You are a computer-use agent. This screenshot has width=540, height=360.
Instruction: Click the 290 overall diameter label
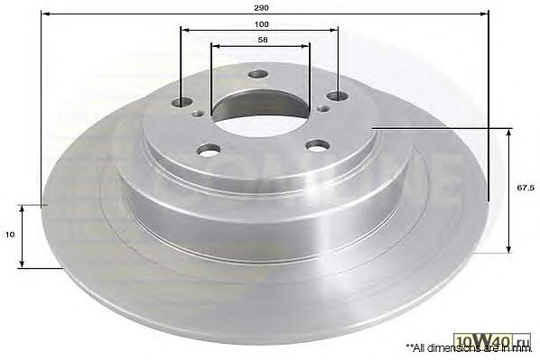pos(261,7)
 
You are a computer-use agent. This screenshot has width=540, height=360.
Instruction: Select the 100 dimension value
pos(261,24)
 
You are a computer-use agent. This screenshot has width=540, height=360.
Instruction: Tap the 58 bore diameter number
pos(263,40)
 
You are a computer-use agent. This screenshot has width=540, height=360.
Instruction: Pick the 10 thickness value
pos(10,235)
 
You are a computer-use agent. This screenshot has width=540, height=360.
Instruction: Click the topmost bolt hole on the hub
pos(258,74)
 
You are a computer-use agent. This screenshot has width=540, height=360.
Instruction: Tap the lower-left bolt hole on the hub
pos(209,150)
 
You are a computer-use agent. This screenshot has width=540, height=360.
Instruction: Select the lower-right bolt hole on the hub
pos(318,144)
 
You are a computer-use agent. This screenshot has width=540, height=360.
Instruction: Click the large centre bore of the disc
pos(261,112)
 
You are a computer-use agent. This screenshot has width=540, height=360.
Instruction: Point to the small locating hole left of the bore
pos(199,113)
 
